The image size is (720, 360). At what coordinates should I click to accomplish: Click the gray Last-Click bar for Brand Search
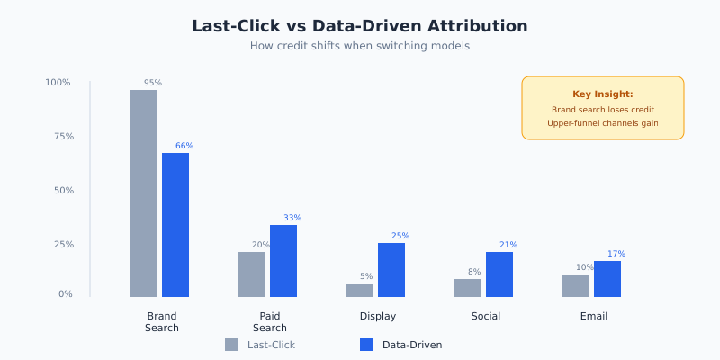click(144, 193)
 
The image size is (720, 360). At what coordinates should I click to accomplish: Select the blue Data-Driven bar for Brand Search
click(175, 225)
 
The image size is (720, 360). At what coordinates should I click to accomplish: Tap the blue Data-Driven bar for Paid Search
click(283, 261)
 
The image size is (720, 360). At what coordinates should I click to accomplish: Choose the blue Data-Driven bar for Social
click(499, 274)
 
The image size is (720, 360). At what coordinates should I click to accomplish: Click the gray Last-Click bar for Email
click(576, 285)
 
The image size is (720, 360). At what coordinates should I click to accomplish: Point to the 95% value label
click(153, 83)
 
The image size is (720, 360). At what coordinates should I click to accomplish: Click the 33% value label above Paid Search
click(292, 218)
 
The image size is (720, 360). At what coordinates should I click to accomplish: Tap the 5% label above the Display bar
click(366, 276)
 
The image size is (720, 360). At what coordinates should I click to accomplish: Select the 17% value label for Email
click(616, 254)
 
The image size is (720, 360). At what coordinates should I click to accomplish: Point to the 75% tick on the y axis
click(59, 137)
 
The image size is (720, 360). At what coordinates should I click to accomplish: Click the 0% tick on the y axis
click(66, 294)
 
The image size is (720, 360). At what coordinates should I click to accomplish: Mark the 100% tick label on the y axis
click(58, 83)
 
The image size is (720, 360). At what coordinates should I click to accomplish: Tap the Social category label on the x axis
click(486, 316)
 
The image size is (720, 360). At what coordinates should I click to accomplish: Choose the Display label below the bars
click(378, 316)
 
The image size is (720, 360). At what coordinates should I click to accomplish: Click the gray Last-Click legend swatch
click(232, 345)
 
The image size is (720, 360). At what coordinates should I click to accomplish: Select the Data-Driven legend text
click(412, 345)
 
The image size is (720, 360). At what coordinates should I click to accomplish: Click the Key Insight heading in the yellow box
click(603, 94)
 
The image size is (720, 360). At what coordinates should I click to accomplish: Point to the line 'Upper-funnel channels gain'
click(603, 123)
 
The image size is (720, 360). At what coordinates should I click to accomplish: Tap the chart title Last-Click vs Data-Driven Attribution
click(360, 26)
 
